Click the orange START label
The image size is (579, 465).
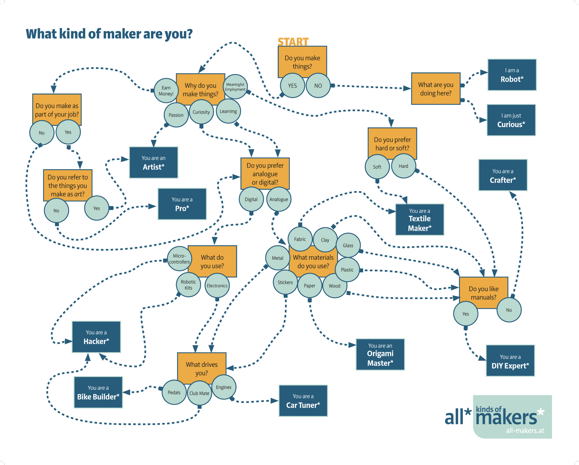[293, 42]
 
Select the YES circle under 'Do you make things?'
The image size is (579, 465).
[292, 86]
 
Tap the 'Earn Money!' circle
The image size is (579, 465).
[166, 91]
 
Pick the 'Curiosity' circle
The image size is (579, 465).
[201, 112]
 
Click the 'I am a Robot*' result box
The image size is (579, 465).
[512, 75]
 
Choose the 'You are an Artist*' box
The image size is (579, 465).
[153, 162]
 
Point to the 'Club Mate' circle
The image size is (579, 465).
[199, 393]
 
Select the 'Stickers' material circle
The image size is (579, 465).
[285, 282]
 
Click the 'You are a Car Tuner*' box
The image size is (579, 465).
[303, 401]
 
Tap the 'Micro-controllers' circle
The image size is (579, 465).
[179, 259]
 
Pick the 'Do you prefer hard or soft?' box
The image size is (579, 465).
[392, 143]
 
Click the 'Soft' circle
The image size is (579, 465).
[377, 167]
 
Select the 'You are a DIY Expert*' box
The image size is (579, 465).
[510, 361]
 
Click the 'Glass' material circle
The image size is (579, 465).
[348, 246]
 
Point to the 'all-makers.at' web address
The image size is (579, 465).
[525, 431]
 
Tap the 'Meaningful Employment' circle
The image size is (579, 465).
[235, 87]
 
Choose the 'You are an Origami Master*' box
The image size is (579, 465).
[380, 355]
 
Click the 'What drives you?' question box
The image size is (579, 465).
[202, 368]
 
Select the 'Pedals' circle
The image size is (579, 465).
[174, 392]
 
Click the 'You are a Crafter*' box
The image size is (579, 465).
[503, 175]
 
